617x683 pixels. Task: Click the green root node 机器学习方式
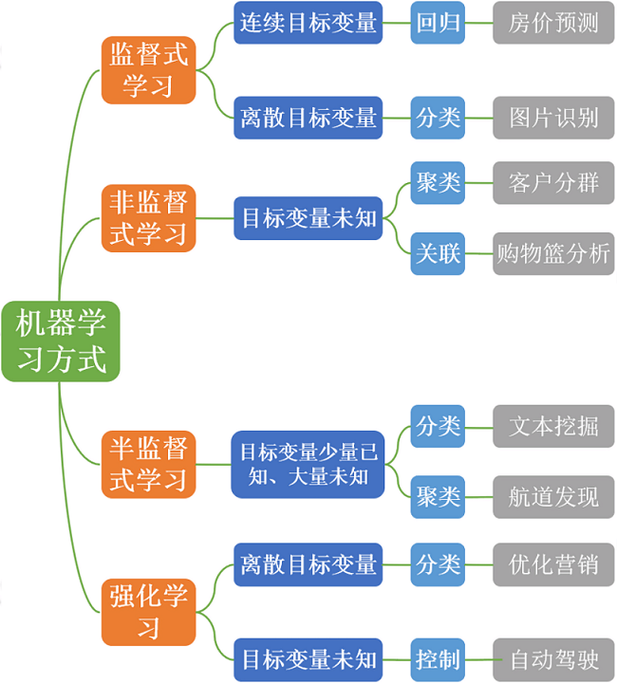tap(61, 341)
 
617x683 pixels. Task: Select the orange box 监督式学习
tap(148, 69)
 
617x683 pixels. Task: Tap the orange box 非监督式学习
tap(148, 218)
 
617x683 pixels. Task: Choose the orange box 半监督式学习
tap(148, 464)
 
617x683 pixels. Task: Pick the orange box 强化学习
tap(148, 611)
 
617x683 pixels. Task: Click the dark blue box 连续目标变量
tap(308, 24)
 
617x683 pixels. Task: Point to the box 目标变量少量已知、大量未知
tap(308, 464)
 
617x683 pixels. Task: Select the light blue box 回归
tap(438, 24)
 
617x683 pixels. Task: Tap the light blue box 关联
tap(438, 253)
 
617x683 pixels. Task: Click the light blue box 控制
tap(438, 659)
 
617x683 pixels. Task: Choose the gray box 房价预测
tap(553, 24)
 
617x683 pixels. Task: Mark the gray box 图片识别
tap(553, 118)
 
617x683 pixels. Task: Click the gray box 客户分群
tap(553, 183)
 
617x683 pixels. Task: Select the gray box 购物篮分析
tap(553, 253)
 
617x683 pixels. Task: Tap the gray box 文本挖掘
tap(553, 426)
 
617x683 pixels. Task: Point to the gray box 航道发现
tap(553, 496)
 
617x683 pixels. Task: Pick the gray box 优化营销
tap(553, 564)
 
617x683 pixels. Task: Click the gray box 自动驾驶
tap(553, 659)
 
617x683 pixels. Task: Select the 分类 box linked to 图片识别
tap(438, 118)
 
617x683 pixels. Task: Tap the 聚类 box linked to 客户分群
tap(438, 183)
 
